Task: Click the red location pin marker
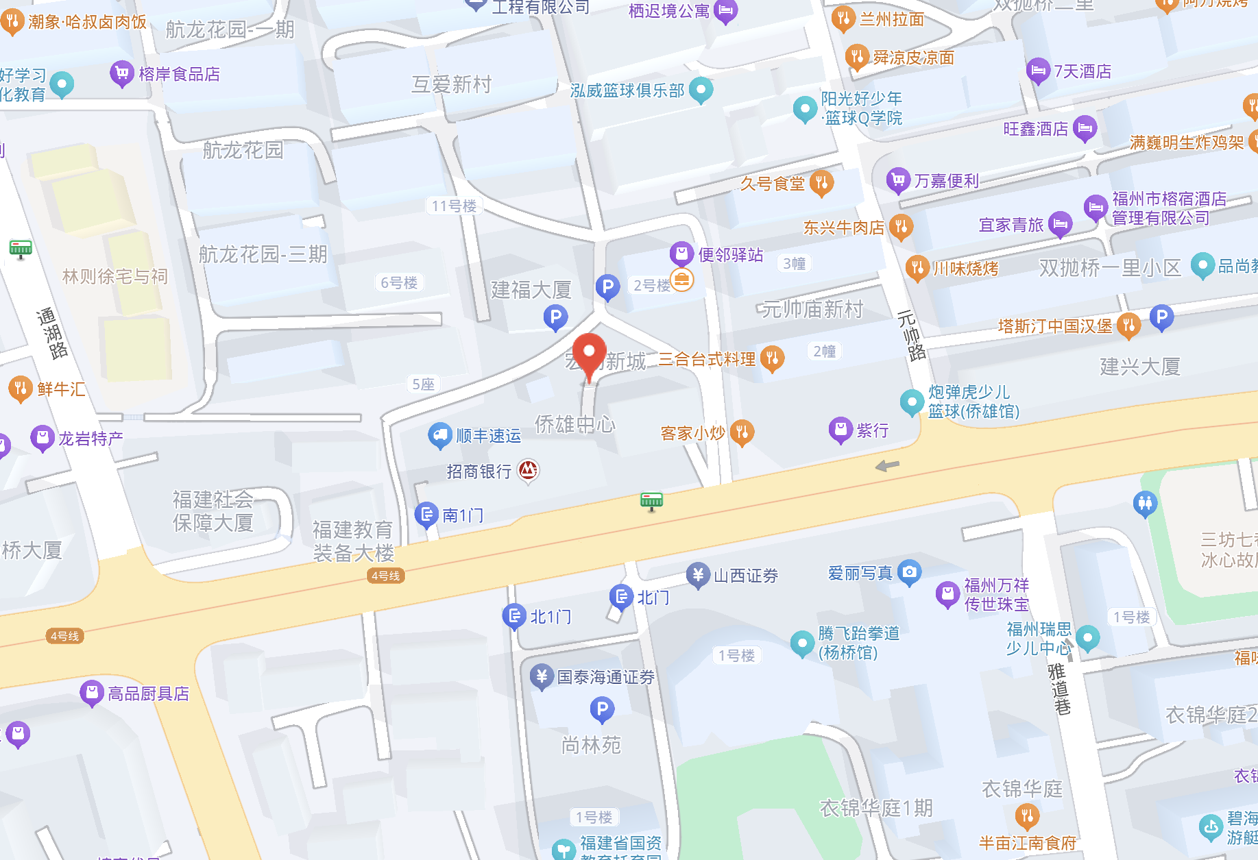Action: [x=589, y=353]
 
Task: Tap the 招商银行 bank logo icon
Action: [x=528, y=470]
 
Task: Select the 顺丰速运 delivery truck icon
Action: [x=439, y=434]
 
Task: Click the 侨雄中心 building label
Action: [x=574, y=424]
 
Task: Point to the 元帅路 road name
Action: [x=911, y=335]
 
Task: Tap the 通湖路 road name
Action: [x=52, y=333]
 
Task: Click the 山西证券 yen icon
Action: [x=698, y=575]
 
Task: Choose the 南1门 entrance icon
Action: [x=426, y=514]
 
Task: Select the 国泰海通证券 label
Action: [x=605, y=677]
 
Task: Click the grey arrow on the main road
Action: [x=887, y=466]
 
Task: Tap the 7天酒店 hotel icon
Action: [x=1038, y=70]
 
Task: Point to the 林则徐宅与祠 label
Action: [x=114, y=276]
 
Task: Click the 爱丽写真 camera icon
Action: [x=909, y=572]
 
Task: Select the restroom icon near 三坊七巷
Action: [x=1145, y=504]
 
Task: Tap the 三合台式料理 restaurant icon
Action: [x=772, y=357]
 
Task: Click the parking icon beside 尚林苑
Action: [x=602, y=709]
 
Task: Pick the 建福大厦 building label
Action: [x=531, y=289]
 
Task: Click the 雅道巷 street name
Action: [x=1059, y=689]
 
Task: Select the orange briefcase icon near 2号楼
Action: [x=681, y=279]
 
